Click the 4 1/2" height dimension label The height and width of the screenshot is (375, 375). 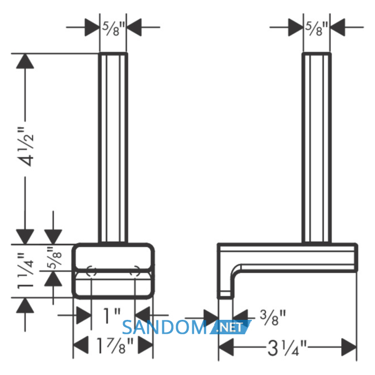coord(27,147)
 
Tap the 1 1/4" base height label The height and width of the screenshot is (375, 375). coord(26,271)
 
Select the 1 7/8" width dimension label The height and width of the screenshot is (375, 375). coord(114,346)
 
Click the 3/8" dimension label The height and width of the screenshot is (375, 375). coord(273,317)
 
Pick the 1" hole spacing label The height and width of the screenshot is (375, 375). coord(111,316)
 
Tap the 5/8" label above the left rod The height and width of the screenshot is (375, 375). coord(114,29)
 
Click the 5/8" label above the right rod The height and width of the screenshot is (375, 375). coord(316,29)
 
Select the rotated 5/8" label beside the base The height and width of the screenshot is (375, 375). coord(55,258)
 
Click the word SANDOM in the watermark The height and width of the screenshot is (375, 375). coord(164,327)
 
